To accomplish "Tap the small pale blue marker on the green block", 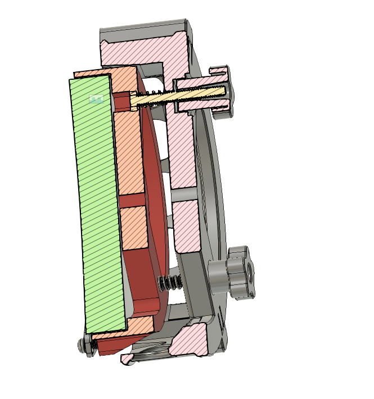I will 97,99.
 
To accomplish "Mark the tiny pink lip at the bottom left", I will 127,356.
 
